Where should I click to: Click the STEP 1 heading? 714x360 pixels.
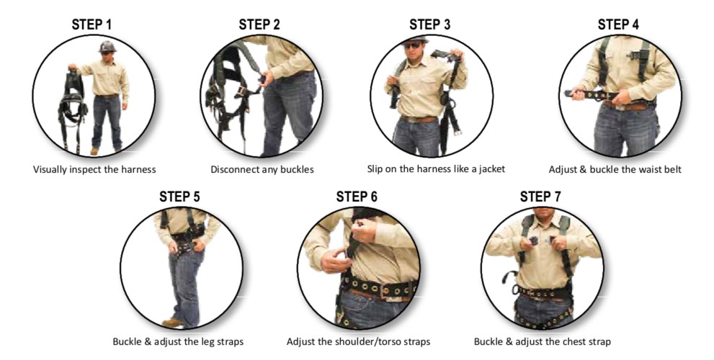click(91, 25)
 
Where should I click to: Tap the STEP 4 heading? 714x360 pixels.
click(618, 24)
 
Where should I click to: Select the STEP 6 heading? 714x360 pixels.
click(357, 197)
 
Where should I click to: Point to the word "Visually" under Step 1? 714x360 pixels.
click(50, 170)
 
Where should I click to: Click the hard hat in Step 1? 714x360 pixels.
click(107, 46)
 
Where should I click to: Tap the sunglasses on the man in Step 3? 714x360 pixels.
click(413, 45)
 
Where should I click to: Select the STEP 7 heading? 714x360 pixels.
click(540, 197)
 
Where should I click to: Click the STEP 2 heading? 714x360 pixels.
click(259, 24)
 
